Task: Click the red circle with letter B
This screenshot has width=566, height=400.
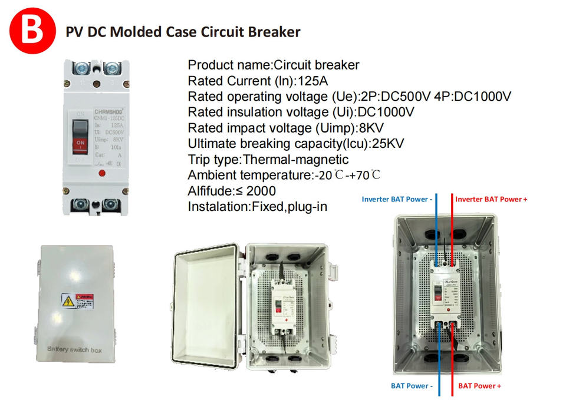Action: (28, 30)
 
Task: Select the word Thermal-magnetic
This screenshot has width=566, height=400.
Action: (296, 160)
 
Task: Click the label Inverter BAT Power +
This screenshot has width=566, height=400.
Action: (491, 200)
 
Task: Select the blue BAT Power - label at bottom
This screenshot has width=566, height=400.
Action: (412, 386)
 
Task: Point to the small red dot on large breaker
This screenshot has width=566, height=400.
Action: (103, 173)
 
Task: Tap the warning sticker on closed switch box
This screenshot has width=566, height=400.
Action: (77, 302)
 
